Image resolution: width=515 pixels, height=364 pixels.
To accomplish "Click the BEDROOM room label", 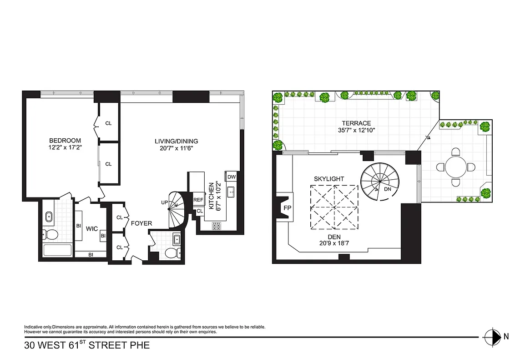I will pos(65,141).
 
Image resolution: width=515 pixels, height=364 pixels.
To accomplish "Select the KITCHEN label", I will pos(211,197).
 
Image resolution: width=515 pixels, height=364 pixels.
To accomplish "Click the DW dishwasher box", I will pos(231,177).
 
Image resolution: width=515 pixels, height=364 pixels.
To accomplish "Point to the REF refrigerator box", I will pos(198,199).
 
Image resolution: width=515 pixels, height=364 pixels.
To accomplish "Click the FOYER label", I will pos(141,223).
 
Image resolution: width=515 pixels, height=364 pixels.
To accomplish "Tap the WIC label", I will pos(92,229).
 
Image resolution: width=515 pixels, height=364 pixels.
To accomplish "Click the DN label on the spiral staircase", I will pos(387,189).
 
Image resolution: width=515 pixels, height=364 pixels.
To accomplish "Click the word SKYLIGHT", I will pos(328,179).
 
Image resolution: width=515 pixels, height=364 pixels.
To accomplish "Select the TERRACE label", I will pos(357,123).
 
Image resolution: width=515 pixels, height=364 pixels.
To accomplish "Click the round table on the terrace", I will pos(455,167).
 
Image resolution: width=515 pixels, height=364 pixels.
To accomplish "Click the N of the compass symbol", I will pos(506,337).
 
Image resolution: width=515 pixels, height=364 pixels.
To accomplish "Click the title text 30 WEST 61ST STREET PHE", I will pos(87,345).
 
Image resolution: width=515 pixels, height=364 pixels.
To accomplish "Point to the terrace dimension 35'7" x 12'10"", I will pos(357,131).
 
